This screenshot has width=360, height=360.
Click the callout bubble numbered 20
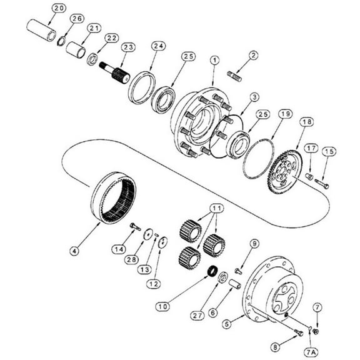click(58, 7)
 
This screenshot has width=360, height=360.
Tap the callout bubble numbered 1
click(214, 60)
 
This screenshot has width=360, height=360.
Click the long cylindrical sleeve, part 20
click(41, 30)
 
